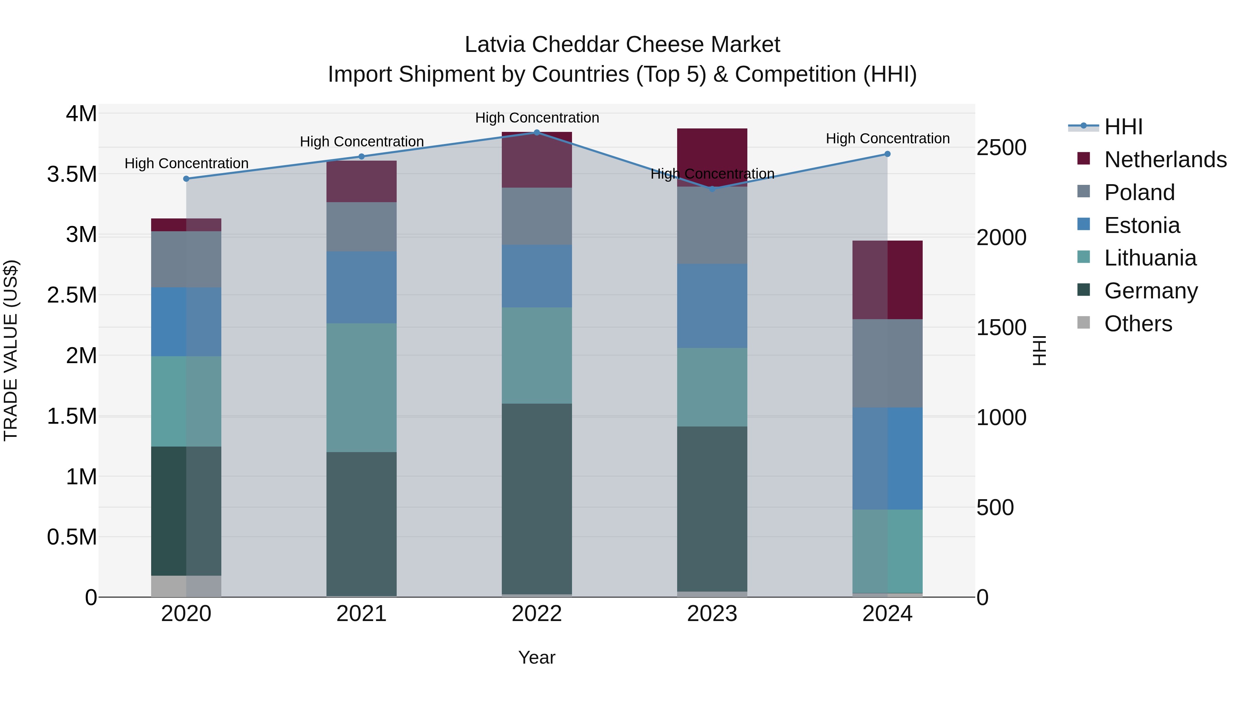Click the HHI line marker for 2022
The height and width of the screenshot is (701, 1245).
click(536, 132)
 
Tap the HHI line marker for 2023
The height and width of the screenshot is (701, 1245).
click(712, 189)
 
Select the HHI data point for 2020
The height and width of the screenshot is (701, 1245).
click(186, 179)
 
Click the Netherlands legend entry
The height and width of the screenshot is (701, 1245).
click(1165, 159)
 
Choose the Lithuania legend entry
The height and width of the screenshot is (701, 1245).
click(1150, 258)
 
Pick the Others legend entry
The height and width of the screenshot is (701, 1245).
click(1138, 324)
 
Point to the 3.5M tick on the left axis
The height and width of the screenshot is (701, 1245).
click(72, 174)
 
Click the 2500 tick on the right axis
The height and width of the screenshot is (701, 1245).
click(1001, 147)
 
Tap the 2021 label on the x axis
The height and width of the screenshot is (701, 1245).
click(361, 614)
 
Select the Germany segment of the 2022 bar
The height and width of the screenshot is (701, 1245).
click(536, 498)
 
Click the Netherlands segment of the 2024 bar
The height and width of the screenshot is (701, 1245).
click(887, 280)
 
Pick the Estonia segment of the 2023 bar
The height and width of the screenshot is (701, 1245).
click(712, 306)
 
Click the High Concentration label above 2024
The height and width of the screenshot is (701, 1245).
click(887, 138)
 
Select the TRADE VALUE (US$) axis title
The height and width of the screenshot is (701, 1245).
click(11, 350)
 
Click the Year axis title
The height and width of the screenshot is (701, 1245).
click(536, 657)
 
